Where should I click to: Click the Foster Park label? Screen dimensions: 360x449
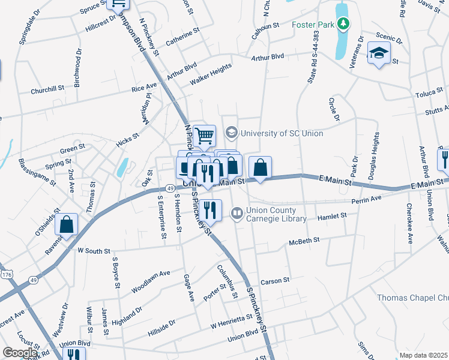pyautogui.click(x=312, y=25)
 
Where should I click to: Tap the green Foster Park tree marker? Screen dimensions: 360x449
pyautogui.click(x=343, y=25)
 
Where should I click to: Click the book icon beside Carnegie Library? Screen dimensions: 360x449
pyautogui.click(x=237, y=213)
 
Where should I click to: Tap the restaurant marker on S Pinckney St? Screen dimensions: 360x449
pyautogui.click(x=209, y=211)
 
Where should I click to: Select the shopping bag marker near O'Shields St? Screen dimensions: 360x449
pyautogui.click(x=67, y=225)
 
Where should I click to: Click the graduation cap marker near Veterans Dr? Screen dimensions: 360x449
pyautogui.click(x=379, y=53)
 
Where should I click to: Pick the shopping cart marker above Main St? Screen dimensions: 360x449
pyautogui.click(x=204, y=136)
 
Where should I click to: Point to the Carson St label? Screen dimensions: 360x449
pyautogui.click(x=275, y=280)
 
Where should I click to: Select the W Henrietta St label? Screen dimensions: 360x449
pyautogui.click(x=231, y=322)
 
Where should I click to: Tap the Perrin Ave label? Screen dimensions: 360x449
pyautogui.click(x=367, y=199)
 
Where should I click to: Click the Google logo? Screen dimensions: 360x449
pyautogui.click(x=20, y=353)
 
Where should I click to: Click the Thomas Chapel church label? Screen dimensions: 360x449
pyautogui.click(x=412, y=298)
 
